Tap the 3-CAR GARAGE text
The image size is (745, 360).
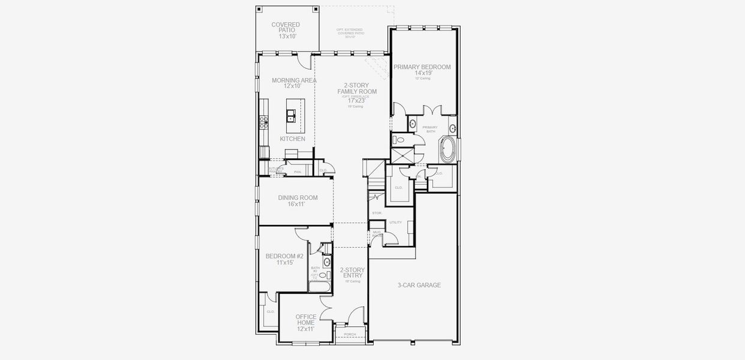419,285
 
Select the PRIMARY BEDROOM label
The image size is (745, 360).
422,67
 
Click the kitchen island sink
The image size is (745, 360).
291,115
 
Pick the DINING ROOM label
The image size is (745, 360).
298,197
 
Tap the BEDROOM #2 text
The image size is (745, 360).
284,256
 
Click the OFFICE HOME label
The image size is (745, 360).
306,320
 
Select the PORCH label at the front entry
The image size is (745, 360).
350,334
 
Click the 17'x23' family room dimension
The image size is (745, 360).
356,100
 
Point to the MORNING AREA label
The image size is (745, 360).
294,80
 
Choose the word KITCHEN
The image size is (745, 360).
292,139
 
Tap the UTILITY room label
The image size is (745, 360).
395,222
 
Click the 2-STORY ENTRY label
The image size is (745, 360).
352,272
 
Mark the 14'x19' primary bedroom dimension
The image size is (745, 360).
423,73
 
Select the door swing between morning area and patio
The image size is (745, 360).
304,60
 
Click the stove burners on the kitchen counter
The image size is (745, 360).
263,122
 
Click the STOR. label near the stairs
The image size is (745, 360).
377,213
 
